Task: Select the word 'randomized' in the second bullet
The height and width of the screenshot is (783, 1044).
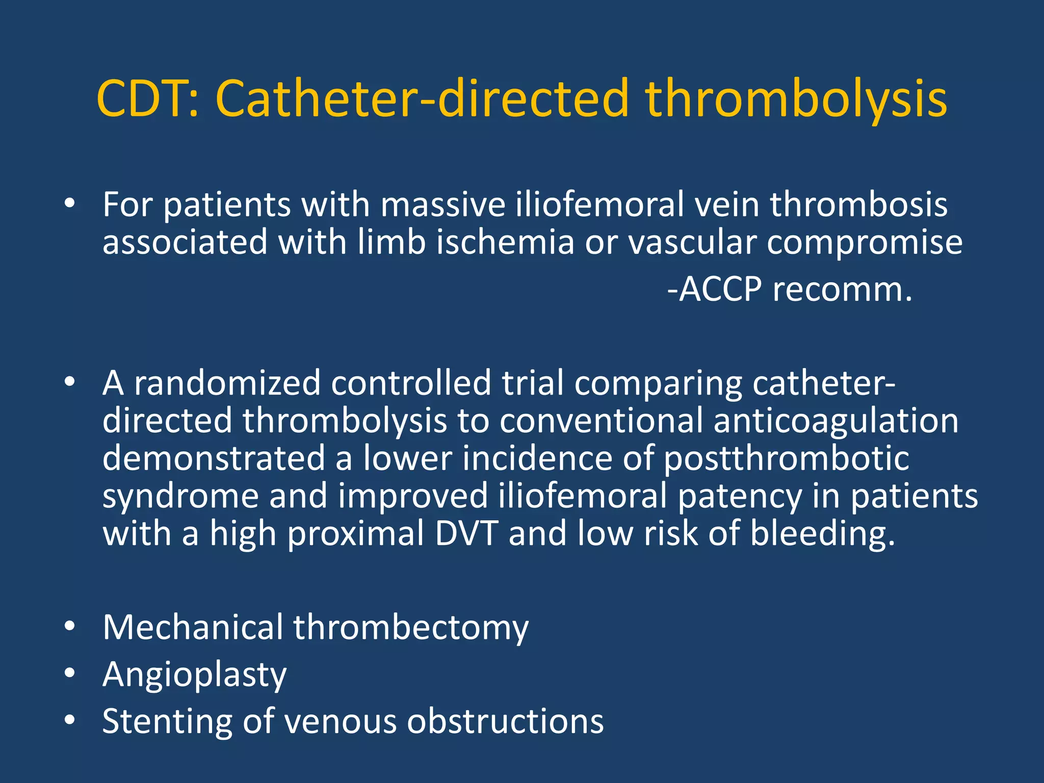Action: tap(227, 383)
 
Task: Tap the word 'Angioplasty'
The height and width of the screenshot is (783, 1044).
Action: tap(194, 675)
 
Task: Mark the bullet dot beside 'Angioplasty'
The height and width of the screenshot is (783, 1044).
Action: tap(70, 673)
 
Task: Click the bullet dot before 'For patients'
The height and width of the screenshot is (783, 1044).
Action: tap(70, 204)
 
